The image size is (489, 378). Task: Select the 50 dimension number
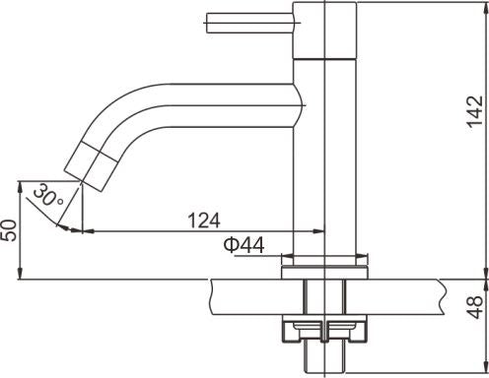[9, 230]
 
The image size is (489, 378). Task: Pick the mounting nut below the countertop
[325, 330]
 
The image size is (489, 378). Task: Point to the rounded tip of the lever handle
[208, 19]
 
